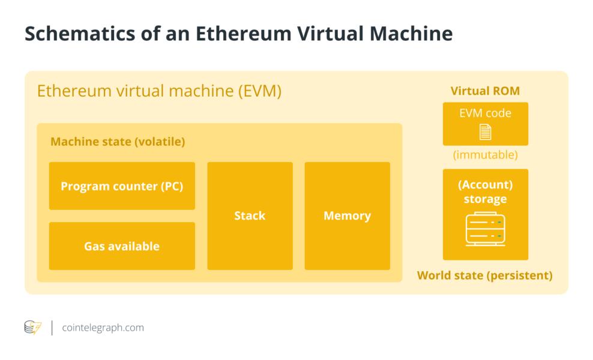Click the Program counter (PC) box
[x=122, y=186]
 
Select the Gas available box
[x=122, y=246]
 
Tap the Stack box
[x=250, y=216]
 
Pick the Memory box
[x=347, y=216]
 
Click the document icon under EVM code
[x=485, y=132]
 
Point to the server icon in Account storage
[x=485, y=229]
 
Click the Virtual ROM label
[x=485, y=91]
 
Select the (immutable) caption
[x=485, y=155]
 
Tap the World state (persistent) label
[x=484, y=275]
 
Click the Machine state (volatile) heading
[x=118, y=142]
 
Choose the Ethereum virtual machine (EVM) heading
[x=159, y=92]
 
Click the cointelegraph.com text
[x=102, y=328]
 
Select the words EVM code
[x=485, y=113]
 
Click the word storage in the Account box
[x=485, y=199]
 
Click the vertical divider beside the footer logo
[x=52, y=328]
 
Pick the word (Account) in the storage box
[x=485, y=185]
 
